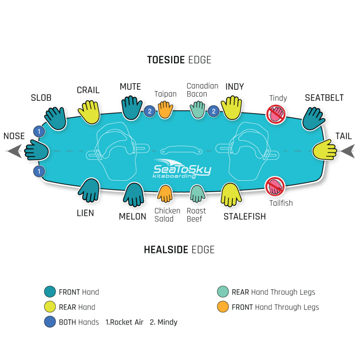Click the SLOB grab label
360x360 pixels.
point(41,97)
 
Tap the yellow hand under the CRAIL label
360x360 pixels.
point(89,112)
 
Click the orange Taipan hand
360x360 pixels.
point(165,109)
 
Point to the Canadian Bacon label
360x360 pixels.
point(202,90)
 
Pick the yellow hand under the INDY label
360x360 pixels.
point(232,107)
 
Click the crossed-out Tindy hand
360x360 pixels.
point(275,114)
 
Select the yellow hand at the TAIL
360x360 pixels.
point(325,150)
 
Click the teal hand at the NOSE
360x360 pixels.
point(37,150)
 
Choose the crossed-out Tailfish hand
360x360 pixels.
point(275,186)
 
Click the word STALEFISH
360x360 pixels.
point(245,217)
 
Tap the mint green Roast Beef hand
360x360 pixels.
point(198,193)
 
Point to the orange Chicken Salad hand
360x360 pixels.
point(165,193)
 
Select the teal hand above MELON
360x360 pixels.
point(133,194)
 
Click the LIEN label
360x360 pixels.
point(85,213)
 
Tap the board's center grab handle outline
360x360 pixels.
point(181,150)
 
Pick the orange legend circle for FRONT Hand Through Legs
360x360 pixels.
point(223,307)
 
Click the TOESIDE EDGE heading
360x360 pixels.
point(179,60)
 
